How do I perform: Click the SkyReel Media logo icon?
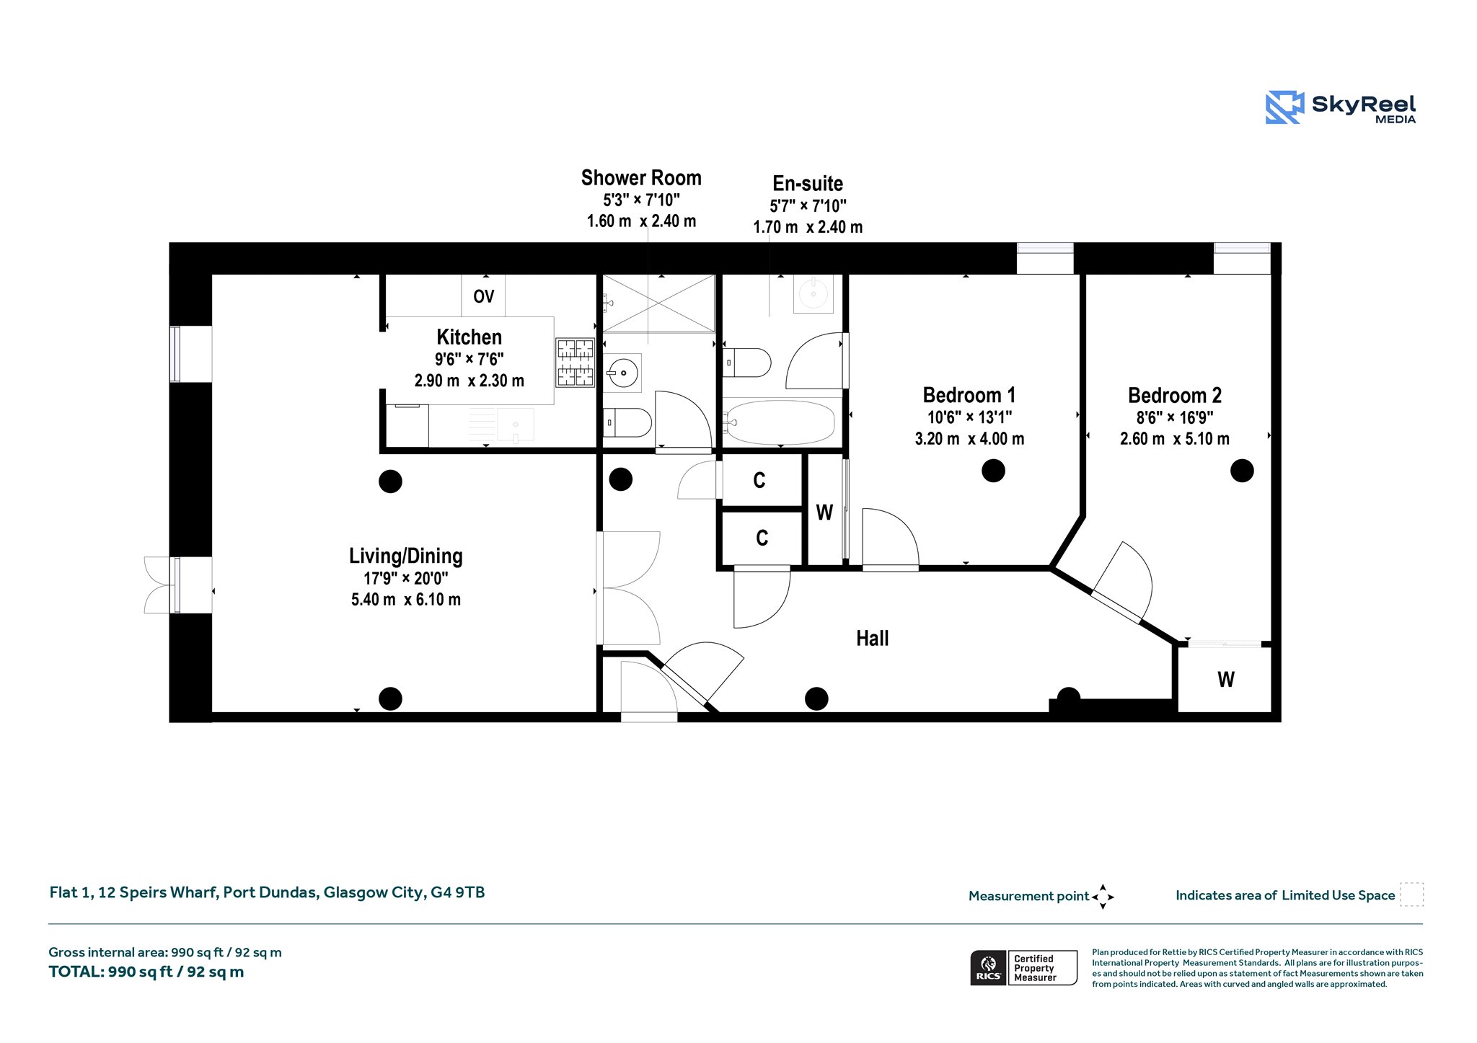click(1284, 107)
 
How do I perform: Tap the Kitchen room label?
click(469, 337)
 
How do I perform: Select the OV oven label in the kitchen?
click(484, 296)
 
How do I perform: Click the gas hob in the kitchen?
click(575, 363)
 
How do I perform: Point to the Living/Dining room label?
click(406, 556)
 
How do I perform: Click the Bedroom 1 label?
click(969, 395)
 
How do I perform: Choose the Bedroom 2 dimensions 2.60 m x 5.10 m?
click(1175, 438)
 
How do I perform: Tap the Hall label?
click(872, 638)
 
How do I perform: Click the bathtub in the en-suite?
click(780, 422)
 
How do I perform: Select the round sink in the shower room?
click(622, 373)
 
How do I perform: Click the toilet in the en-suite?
click(747, 363)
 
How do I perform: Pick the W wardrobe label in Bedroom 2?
click(1226, 679)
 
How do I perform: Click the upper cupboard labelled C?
click(759, 481)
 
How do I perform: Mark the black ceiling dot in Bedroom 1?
click(993, 471)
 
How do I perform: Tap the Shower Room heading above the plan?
click(641, 177)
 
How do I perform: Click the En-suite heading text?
click(808, 183)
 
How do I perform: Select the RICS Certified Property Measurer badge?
click(1024, 968)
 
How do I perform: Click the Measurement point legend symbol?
click(1103, 897)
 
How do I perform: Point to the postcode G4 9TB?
click(458, 892)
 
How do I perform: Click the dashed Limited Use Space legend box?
click(1411, 895)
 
